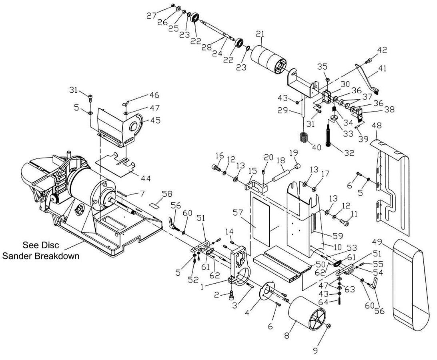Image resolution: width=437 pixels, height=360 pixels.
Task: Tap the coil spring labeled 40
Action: [x=304, y=137]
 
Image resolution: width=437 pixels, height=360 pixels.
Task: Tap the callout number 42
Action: [x=382, y=50]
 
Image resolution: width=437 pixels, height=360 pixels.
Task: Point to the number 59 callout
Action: [x=338, y=236]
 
